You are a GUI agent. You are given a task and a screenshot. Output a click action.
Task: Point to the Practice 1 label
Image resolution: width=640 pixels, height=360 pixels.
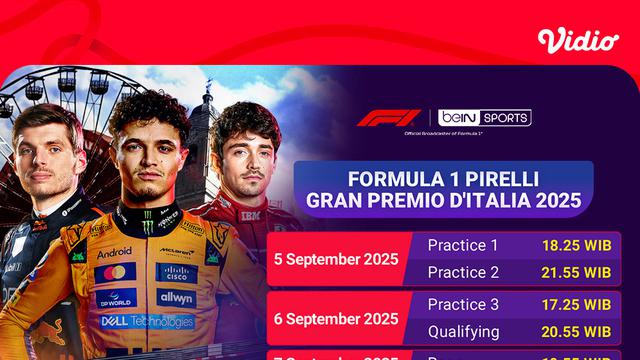pos(462,245)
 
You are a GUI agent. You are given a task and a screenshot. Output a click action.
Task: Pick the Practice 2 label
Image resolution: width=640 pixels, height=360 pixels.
pos(462,271)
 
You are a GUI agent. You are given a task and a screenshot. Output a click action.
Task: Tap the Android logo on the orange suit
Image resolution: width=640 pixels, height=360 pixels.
pos(115,253)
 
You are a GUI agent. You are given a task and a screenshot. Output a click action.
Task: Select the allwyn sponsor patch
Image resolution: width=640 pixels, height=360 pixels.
pos(175,298)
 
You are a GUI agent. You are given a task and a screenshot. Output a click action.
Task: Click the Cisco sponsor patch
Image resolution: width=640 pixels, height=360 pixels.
pos(176,272)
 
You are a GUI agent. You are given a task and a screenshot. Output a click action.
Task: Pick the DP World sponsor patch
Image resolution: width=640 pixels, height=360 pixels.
pos(116,297)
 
